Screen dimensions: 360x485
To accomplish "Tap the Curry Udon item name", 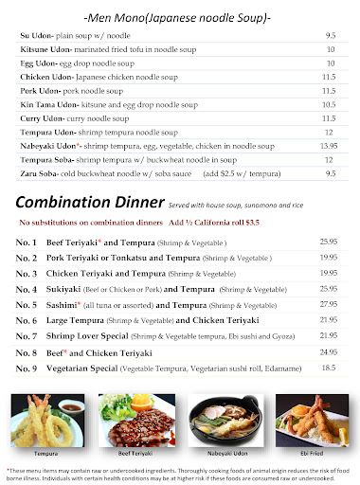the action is point(39,118).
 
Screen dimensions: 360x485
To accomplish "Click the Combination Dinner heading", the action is point(88,203).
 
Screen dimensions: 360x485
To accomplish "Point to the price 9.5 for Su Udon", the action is point(331,34).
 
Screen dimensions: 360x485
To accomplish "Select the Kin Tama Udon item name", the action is point(45,104).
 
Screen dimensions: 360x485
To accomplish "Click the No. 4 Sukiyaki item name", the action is point(78,287).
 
